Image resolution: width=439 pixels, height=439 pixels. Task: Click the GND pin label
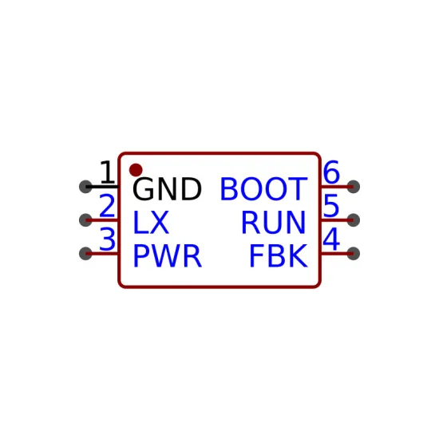[167, 189]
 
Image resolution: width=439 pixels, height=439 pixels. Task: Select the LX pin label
[151, 223]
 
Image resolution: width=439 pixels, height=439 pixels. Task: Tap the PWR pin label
[168, 256]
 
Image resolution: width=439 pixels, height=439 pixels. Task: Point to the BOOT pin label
[263, 189]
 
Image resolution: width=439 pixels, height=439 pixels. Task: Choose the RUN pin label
[273, 223]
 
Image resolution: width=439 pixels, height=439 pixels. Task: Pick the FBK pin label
[279, 256]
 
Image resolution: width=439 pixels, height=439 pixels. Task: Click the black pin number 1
[107, 172]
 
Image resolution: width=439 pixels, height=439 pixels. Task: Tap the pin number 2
[107, 206]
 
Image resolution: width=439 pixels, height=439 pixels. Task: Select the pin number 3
[107, 239]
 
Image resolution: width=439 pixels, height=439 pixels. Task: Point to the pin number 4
[331, 239]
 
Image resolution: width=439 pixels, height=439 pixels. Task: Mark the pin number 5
[331, 206]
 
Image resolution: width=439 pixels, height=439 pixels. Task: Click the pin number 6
[331, 172]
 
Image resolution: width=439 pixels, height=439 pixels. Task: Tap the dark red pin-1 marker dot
[136, 170]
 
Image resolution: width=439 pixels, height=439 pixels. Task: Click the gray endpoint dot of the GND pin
[85, 187]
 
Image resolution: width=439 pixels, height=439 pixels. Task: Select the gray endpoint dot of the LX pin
[85, 220]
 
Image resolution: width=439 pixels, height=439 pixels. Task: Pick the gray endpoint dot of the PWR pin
[85, 254]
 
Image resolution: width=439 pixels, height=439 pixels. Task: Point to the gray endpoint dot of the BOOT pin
[354, 187]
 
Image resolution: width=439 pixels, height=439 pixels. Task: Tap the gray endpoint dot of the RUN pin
[354, 220]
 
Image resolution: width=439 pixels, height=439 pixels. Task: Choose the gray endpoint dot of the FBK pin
[354, 254]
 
